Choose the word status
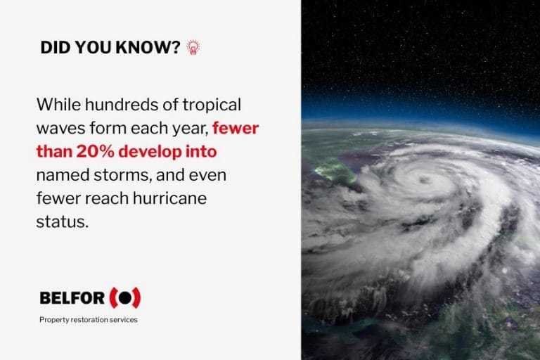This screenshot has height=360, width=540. coord(62,221)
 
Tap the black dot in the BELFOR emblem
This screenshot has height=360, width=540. coord(125,297)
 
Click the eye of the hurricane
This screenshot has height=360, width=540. coord(424,181)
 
